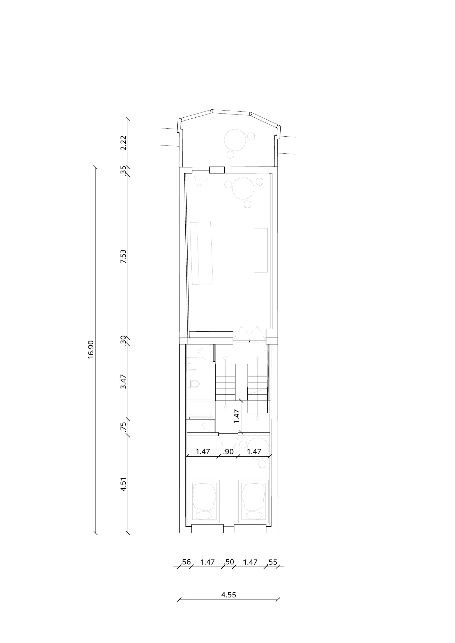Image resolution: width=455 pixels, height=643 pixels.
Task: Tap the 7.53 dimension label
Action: click(x=123, y=257)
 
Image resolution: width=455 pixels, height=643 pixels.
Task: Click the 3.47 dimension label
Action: click(x=123, y=382)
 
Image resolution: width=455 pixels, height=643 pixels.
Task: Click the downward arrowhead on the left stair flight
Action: click(x=225, y=407)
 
